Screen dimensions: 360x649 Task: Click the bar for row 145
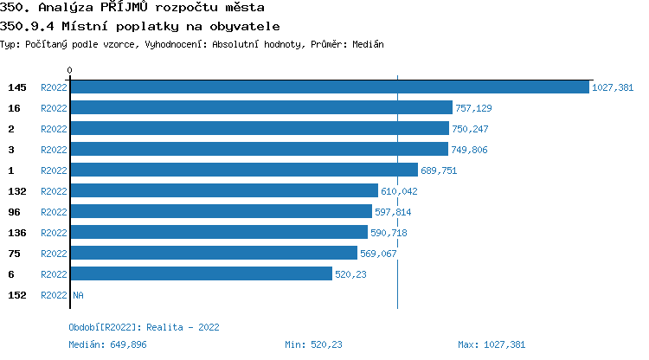coord(329,87)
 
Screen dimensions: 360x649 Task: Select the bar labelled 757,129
coord(260,108)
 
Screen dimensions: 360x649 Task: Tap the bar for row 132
coord(223,191)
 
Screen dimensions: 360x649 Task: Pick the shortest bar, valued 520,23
coord(201,274)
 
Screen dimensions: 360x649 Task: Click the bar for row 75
coord(213,254)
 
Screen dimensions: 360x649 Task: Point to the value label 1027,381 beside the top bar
coord(613,87)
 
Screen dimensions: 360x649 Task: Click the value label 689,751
coord(439,170)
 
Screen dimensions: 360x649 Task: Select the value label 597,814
coord(393,212)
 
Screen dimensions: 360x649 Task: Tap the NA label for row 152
coord(78,295)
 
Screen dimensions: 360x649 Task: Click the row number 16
coord(14,108)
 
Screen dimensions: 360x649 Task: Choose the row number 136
coord(17,233)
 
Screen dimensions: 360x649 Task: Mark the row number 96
coord(14,212)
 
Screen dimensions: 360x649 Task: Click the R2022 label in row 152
coord(54,295)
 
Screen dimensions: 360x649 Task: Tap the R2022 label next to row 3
coord(54,150)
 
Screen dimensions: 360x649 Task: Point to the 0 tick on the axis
coord(70,70)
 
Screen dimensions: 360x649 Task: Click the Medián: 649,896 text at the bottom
coord(109,344)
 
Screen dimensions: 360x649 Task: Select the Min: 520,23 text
coord(313,344)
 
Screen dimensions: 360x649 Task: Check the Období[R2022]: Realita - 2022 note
coord(144,327)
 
